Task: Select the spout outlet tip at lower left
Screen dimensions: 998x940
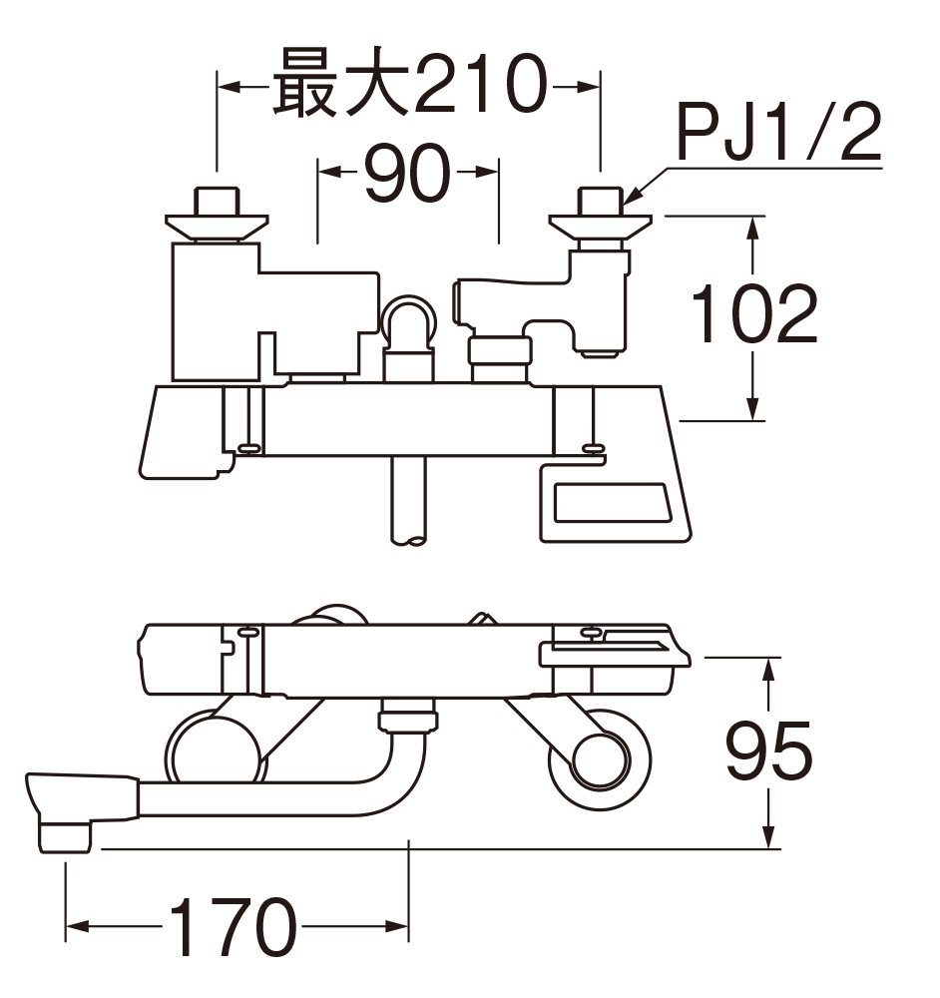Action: [66, 833]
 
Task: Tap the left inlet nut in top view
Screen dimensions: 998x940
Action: [217, 210]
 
